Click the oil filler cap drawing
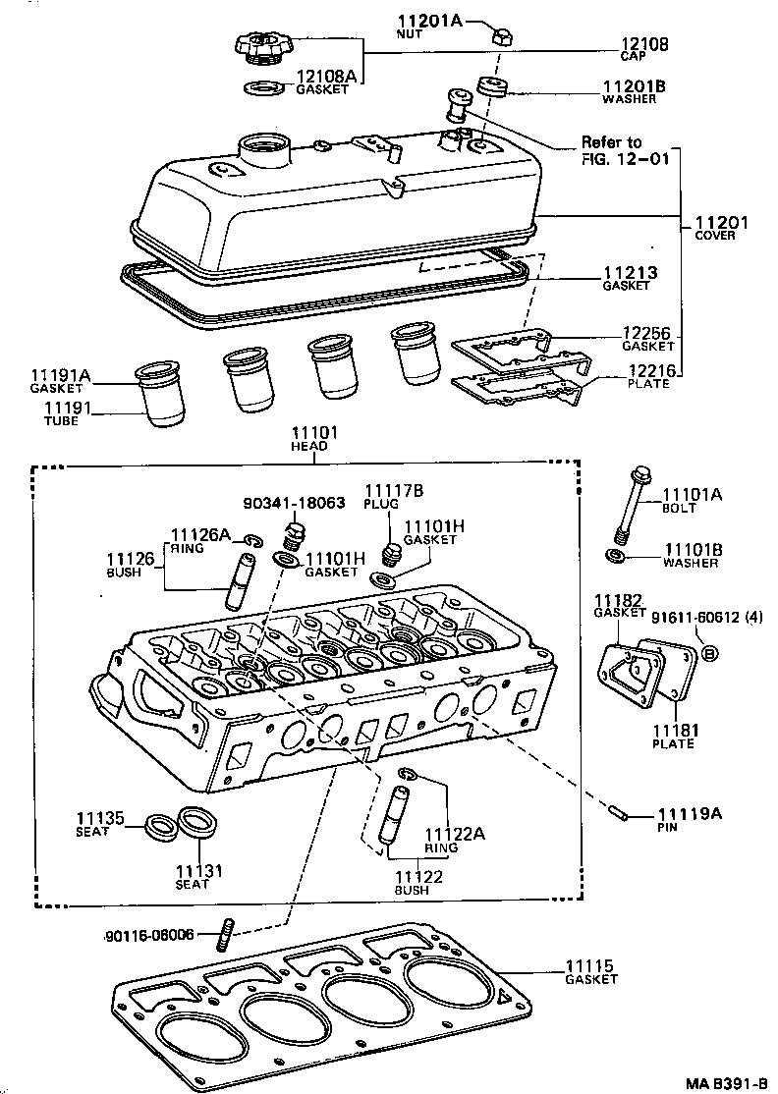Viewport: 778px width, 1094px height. [x=260, y=46]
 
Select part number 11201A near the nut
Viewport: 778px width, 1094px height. [x=430, y=22]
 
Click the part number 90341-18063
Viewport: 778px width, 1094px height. [x=294, y=502]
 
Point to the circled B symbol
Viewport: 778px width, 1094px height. [x=710, y=652]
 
